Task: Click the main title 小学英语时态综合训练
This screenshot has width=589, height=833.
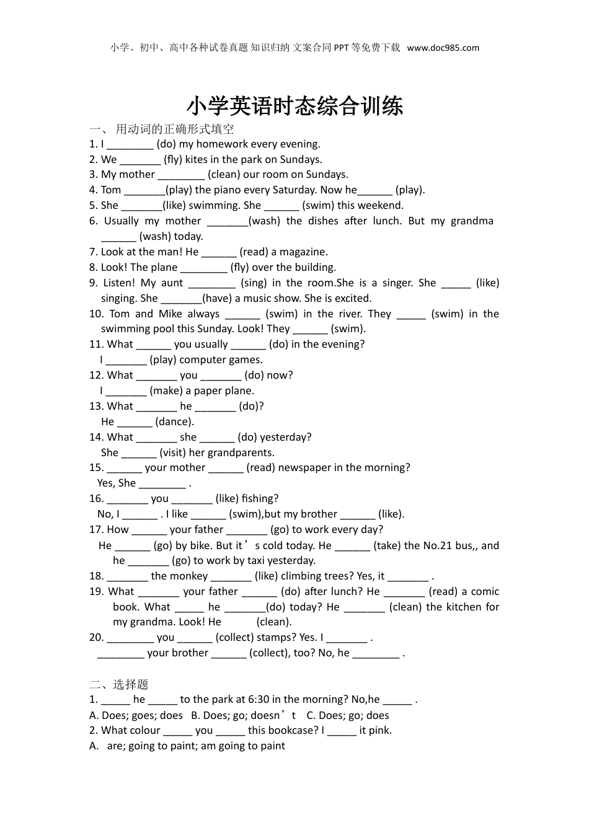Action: click(294, 106)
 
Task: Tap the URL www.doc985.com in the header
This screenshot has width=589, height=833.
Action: click(443, 48)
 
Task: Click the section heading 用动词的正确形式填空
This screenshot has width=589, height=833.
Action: click(175, 129)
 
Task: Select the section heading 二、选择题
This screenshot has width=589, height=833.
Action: click(119, 684)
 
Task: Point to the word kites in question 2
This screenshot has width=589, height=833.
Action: click(198, 159)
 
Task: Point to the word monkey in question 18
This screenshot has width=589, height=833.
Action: click(188, 576)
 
